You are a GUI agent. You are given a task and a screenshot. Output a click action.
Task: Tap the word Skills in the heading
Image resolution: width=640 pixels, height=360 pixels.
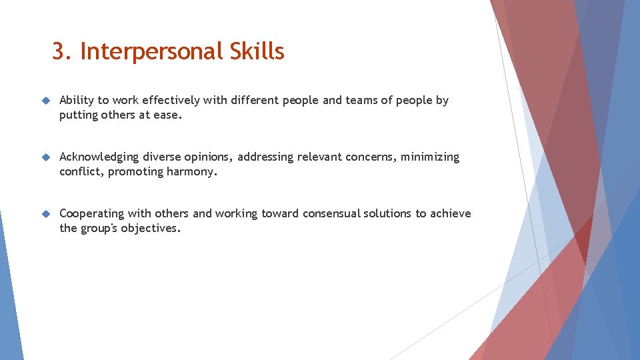257,52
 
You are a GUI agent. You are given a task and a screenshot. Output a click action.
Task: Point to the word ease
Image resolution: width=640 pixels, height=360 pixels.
168,115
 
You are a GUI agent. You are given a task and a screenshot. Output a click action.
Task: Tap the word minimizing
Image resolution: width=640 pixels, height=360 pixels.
430,157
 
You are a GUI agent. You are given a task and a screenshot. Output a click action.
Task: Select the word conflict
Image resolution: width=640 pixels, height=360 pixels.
81,171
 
